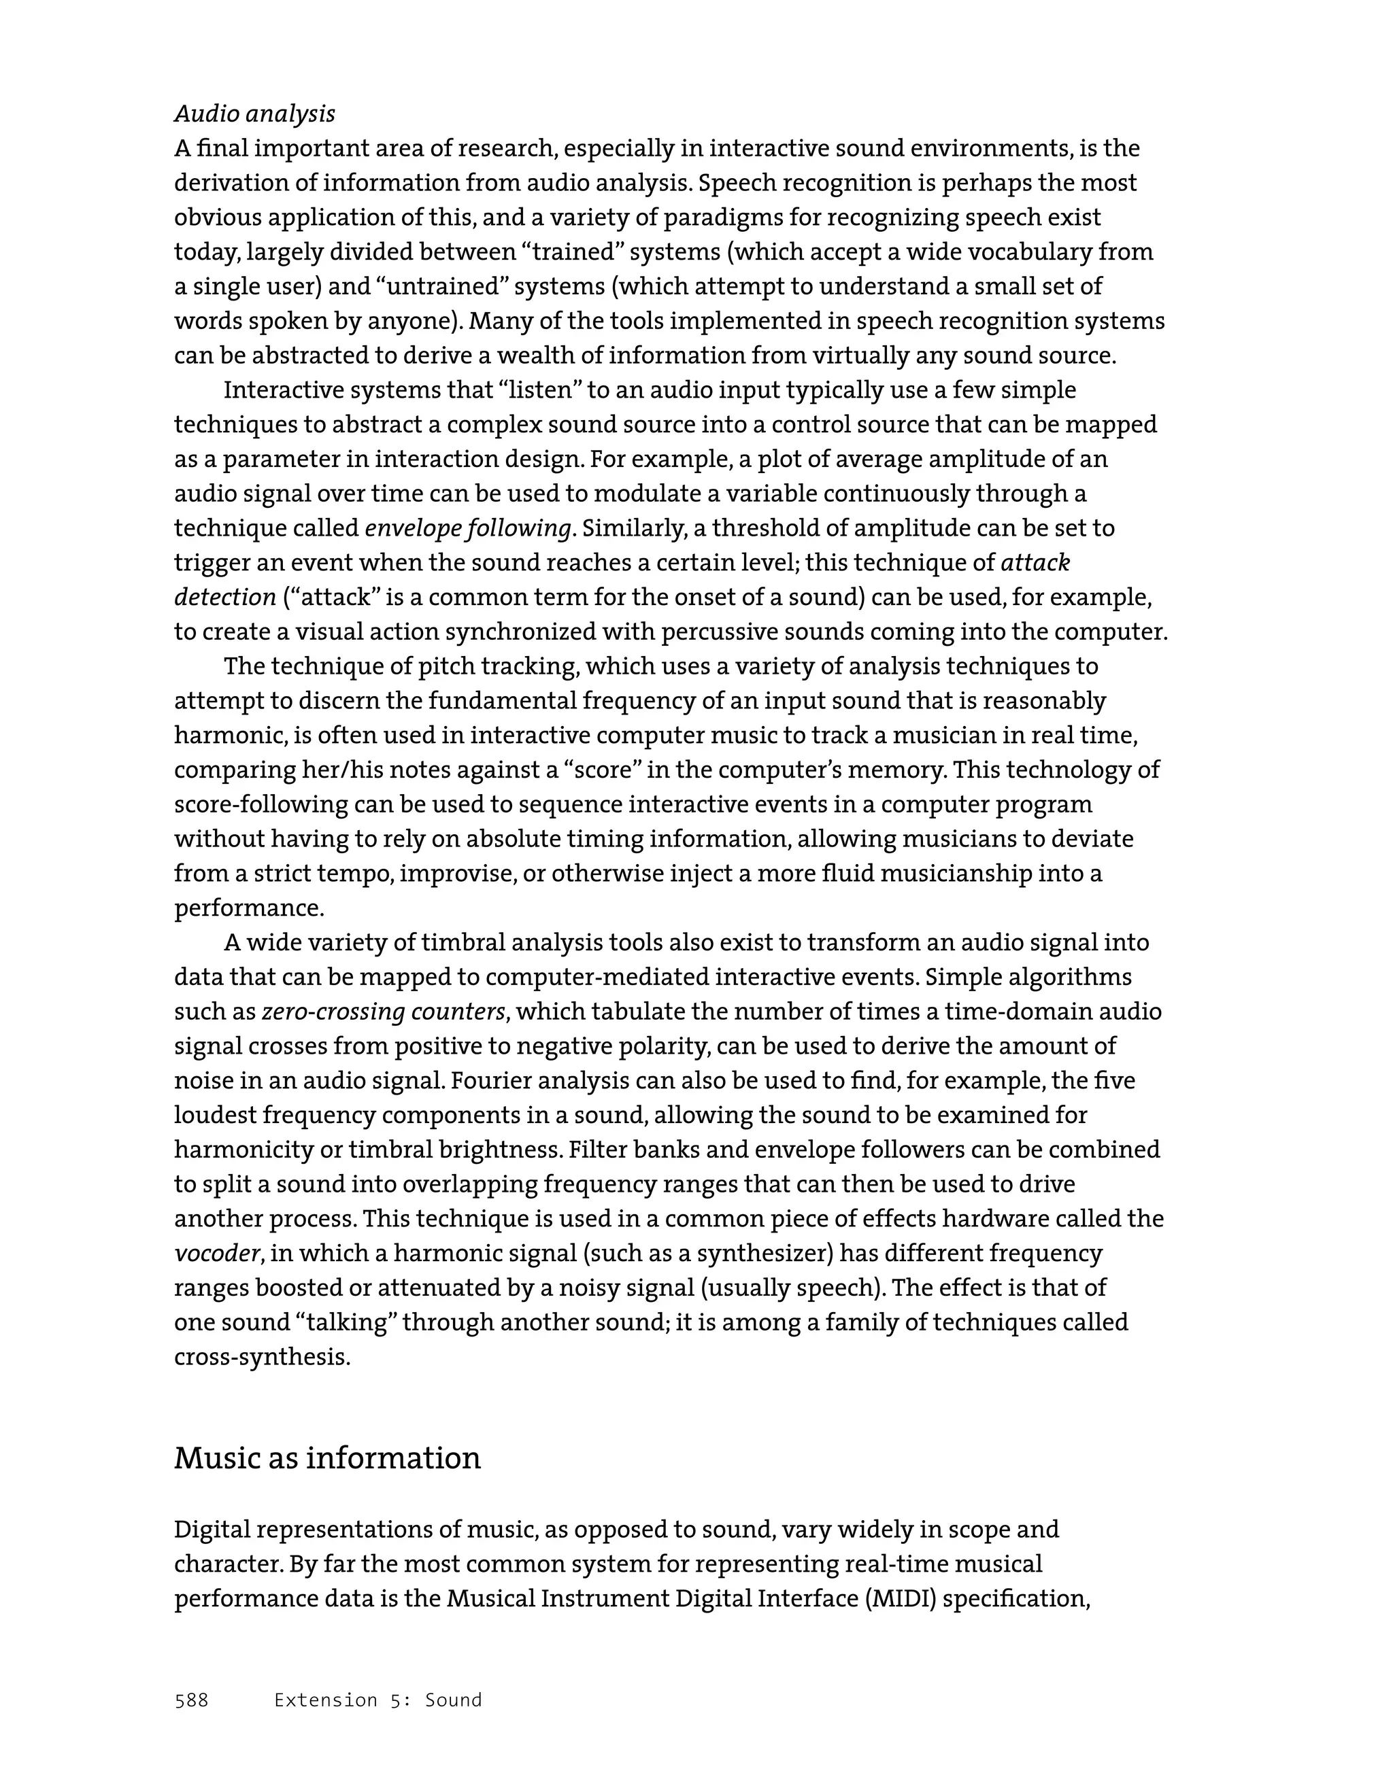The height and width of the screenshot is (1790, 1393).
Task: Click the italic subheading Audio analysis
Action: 254,114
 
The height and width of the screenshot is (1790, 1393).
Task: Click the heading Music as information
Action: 327,1458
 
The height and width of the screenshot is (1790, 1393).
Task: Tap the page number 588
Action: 191,1700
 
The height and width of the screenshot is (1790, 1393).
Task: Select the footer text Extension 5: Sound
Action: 378,1700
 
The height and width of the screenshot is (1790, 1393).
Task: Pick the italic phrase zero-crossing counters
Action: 383,1012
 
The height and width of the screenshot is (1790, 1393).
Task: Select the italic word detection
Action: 224,598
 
